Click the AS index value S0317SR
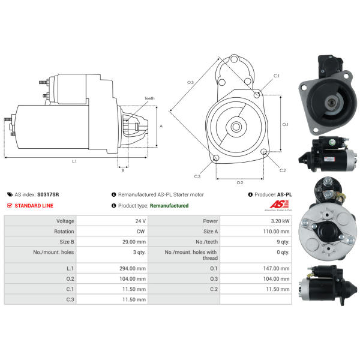click(48, 194)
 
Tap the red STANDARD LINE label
click(34, 206)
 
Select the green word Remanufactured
click(169, 206)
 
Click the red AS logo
click(279, 204)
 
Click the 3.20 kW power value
click(280, 221)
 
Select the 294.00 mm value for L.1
click(133, 268)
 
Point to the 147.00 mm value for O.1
click(276, 268)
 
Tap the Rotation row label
click(64, 232)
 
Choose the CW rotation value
click(141, 232)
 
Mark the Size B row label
click(67, 242)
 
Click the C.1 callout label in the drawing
click(277, 76)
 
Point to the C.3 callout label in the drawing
click(197, 176)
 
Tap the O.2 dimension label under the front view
click(240, 182)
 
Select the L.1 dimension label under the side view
click(74, 161)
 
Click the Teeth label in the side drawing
click(149, 98)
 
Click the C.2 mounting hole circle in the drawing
click(264, 152)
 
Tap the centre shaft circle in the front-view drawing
click(236, 127)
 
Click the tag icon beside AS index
click(10, 194)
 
